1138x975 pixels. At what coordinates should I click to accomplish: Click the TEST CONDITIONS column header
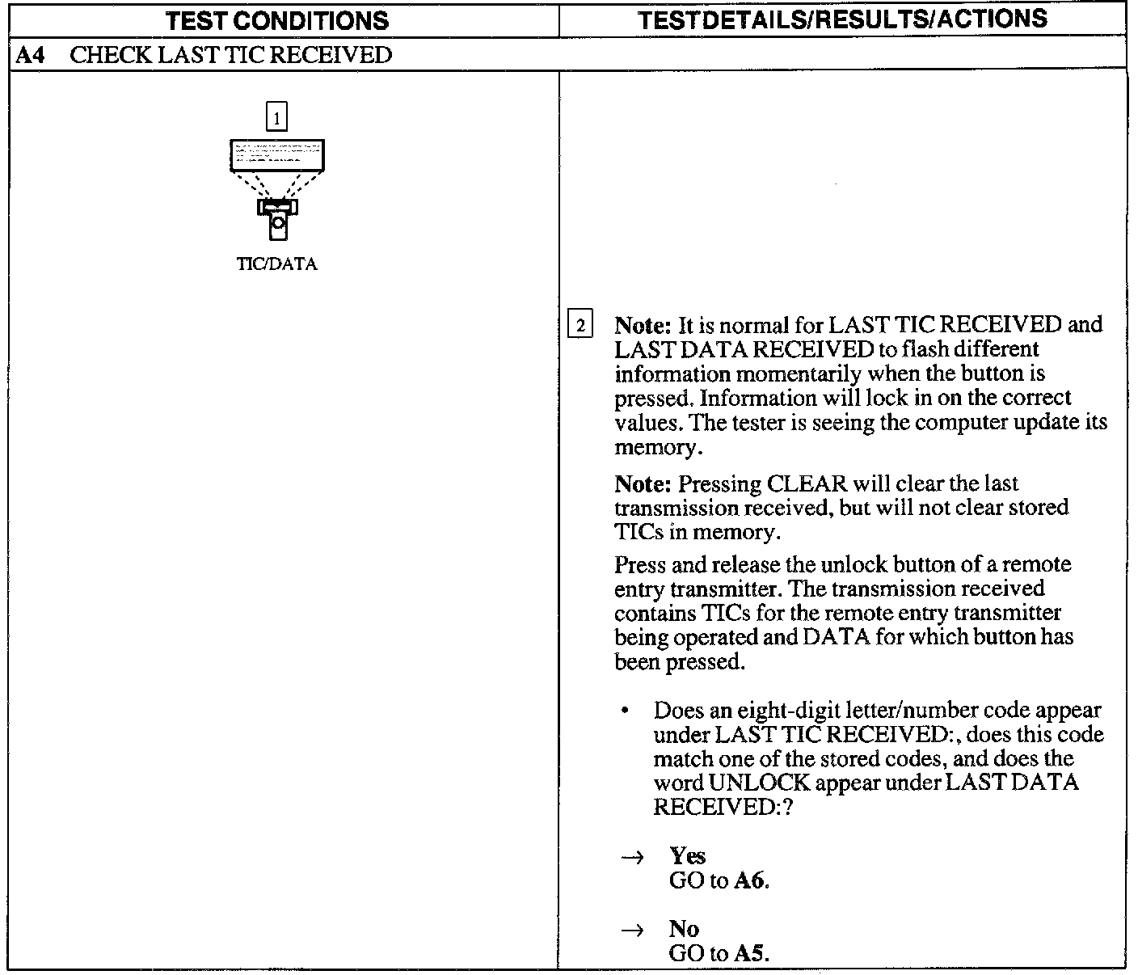coord(276,21)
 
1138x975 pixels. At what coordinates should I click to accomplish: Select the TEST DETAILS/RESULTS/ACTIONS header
coord(842,19)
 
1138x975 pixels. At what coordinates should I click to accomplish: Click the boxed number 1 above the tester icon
coord(276,118)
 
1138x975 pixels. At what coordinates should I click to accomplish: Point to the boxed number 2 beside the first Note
coord(580,326)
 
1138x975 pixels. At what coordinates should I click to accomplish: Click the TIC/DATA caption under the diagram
coord(276,264)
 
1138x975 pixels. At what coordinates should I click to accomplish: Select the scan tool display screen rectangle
coord(276,154)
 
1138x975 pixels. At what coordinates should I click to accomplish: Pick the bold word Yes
coord(687,856)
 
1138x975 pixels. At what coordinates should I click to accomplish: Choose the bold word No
coord(684,929)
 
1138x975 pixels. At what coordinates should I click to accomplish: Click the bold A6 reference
coord(749,880)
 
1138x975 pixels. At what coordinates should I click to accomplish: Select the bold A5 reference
coord(749,953)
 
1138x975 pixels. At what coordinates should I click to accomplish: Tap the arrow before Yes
coord(631,857)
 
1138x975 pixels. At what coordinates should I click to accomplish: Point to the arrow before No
coord(631,930)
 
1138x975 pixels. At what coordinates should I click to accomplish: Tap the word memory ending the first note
coord(651,447)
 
